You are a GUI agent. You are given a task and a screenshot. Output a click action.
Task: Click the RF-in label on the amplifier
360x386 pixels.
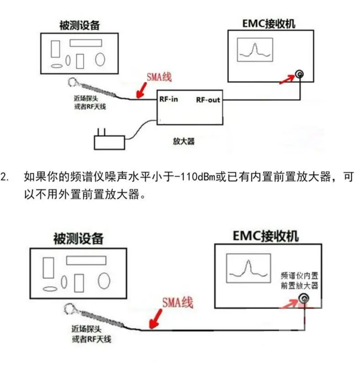pyautogui.click(x=169, y=99)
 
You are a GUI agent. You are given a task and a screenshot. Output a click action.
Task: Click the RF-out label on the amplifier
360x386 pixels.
pyautogui.click(x=208, y=100)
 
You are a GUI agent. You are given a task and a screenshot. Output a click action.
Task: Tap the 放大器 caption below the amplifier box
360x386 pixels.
pyautogui.click(x=184, y=141)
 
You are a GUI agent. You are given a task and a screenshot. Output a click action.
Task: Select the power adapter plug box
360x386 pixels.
pyautogui.click(x=109, y=143)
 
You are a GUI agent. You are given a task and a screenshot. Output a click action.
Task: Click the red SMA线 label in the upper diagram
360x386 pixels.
pyautogui.click(x=159, y=77)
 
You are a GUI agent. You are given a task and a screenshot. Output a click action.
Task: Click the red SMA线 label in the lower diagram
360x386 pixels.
pyautogui.click(x=178, y=303)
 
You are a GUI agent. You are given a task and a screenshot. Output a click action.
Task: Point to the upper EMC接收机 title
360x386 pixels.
pyautogui.click(x=269, y=24)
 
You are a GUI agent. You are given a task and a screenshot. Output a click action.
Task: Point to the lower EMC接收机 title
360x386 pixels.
pyautogui.click(x=266, y=236)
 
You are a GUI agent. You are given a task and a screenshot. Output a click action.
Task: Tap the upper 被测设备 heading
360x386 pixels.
pyautogui.click(x=80, y=26)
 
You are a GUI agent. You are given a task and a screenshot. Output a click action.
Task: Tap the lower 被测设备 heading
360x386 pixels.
pyautogui.click(x=78, y=238)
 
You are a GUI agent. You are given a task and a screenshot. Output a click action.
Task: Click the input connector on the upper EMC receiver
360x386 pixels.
pyautogui.click(x=299, y=74)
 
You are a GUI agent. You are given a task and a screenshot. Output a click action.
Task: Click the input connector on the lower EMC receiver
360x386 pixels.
pyautogui.click(x=303, y=299)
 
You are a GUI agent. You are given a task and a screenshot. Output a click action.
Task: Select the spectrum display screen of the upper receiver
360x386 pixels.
pyautogui.click(x=255, y=50)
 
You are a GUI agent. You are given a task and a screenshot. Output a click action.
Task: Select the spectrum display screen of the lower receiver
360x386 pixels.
pyautogui.click(x=248, y=268)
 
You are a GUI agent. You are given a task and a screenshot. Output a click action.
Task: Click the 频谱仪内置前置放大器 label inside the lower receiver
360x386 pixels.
pyautogui.click(x=299, y=280)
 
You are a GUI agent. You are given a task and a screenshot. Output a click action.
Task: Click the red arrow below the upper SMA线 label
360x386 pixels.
pyautogui.click(x=141, y=90)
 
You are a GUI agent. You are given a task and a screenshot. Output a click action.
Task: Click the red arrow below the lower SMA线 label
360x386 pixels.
pyautogui.click(x=156, y=319)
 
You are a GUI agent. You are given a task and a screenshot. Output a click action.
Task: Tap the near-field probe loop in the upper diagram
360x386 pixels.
pyautogui.click(x=72, y=82)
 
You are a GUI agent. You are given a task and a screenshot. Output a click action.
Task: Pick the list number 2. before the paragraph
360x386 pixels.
pyautogui.click(x=5, y=177)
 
